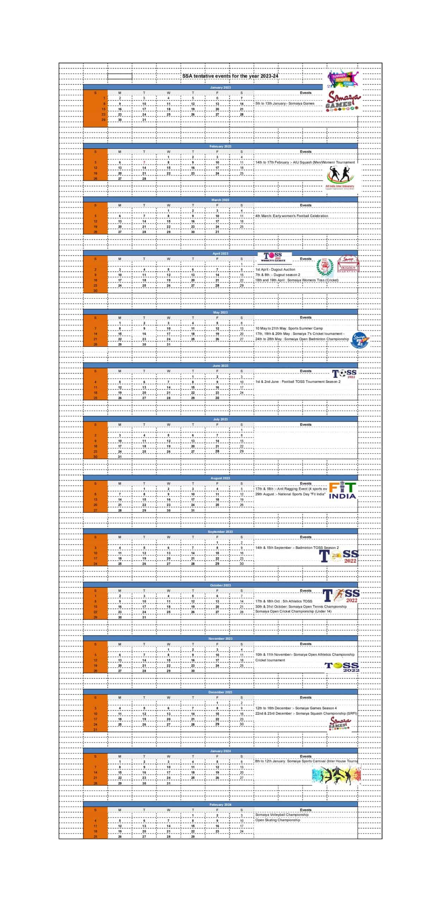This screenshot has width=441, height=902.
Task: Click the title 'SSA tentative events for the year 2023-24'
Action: [x=230, y=76]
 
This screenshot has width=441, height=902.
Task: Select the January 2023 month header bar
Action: [x=220, y=87]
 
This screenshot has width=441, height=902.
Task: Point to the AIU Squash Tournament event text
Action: [x=305, y=162]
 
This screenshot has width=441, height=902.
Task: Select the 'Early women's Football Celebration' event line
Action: [x=292, y=216]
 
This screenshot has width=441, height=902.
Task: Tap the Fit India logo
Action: [x=342, y=491]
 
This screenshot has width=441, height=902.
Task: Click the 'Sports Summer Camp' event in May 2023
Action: [x=289, y=328]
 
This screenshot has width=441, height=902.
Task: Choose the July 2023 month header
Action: [x=220, y=419]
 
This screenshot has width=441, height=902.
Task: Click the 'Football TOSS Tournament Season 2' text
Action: [x=298, y=382]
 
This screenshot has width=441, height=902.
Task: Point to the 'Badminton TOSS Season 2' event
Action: [x=297, y=548]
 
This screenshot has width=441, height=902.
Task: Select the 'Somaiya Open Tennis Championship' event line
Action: [x=301, y=606]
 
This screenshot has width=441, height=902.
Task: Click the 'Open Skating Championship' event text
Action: [x=278, y=820]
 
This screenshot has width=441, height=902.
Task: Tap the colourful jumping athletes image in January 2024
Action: [x=336, y=775]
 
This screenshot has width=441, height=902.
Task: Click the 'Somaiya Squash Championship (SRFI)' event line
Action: [x=306, y=713]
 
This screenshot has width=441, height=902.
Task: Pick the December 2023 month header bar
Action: [x=220, y=692]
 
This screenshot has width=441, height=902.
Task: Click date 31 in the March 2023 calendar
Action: [x=217, y=232]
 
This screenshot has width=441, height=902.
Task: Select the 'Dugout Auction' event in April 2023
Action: [x=275, y=270]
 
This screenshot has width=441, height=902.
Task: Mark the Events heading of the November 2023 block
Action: [x=306, y=644]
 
